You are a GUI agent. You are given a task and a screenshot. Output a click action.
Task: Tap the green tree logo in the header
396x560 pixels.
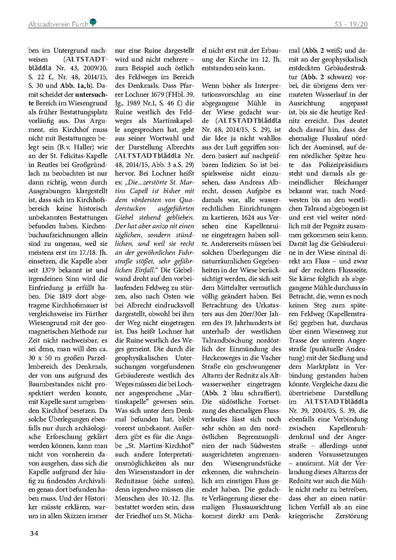tap(94, 22)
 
